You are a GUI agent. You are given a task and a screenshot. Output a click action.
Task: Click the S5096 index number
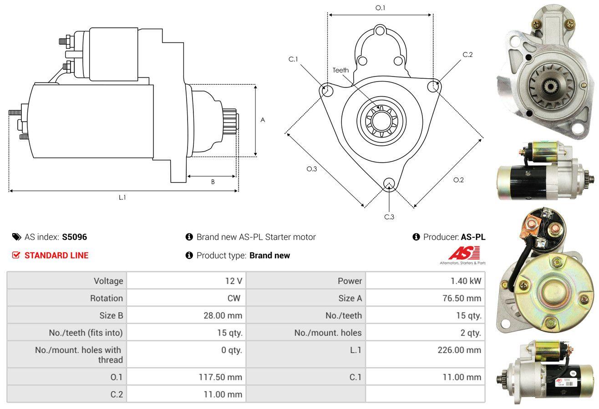click(x=74, y=237)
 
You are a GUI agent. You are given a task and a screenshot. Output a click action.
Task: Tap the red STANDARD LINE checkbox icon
click(x=16, y=255)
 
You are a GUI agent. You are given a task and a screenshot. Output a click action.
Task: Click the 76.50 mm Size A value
click(x=462, y=298)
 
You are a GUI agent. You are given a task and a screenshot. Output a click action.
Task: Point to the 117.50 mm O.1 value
click(x=220, y=377)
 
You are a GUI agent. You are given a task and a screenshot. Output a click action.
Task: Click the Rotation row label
click(x=107, y=298)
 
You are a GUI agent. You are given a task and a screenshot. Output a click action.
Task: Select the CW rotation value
click(x=234, y=298)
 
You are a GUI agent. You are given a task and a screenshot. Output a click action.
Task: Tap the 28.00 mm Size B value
click(x=223, y=315)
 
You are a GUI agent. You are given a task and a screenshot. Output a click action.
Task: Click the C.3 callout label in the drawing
click(x=389, y=217)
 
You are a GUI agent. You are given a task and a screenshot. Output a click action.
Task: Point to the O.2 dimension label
click(x=458, y=180)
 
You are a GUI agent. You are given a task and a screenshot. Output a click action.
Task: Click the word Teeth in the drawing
click(x=340, y=70)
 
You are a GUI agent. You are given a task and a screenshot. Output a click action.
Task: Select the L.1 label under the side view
click(x=122, y=197)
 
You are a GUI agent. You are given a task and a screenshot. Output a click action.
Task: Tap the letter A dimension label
click(x=263, y=120)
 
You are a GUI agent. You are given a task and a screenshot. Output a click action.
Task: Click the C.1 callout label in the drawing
click(x=293, y=59)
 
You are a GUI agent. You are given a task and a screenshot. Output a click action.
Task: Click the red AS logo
click(x=464, y=253)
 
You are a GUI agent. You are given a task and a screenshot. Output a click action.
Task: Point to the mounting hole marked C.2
click(x=433, y=87)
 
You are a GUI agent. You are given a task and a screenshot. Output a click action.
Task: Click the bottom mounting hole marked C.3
click(x=389, y=184)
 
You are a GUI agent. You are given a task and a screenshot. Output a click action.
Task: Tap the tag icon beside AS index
click(x=16, y=237)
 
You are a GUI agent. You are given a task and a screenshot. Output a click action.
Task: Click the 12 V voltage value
click(x=234, y=281)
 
